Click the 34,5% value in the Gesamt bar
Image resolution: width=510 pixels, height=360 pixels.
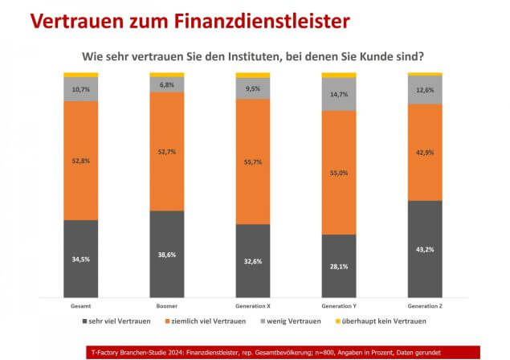81,260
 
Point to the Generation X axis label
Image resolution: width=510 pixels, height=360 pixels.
252,305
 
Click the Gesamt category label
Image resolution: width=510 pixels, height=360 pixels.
81,305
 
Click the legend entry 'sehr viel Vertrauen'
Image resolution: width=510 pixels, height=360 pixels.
118,321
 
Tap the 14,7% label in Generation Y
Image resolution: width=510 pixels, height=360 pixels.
338,94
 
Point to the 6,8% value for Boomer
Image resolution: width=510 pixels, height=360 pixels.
166,84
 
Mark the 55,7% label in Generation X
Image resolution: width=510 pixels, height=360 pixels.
252,162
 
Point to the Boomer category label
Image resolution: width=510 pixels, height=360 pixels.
166,305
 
